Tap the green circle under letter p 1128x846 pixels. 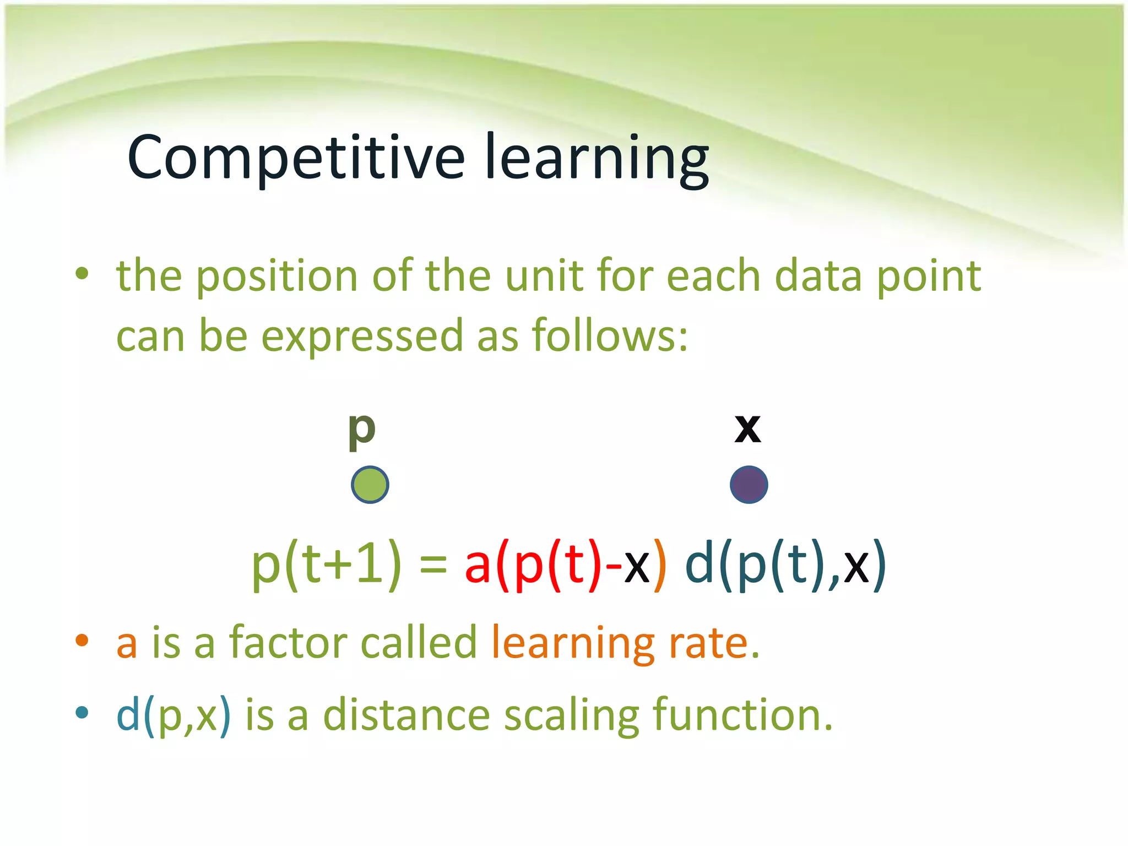370,485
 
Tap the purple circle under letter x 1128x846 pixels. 749,485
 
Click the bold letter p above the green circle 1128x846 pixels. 362,430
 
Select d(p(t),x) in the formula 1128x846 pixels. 785,565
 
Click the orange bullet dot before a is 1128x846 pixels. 82,639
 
